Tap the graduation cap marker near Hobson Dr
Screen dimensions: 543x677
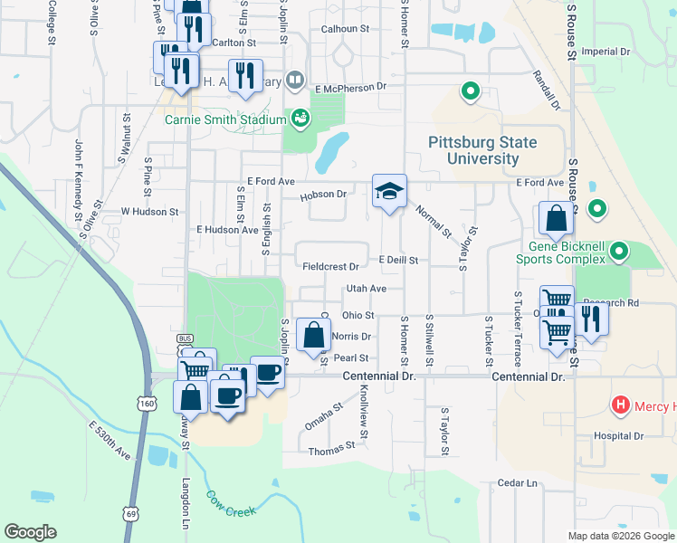pyautogui.click(x=389, y=192)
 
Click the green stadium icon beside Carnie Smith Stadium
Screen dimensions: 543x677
pyautogui.click(x=300, y=117)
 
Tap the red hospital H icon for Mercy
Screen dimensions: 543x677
pyautogui.click(x=622, y=404)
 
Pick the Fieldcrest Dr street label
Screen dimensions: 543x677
pyautogui.click(x=330, y=267)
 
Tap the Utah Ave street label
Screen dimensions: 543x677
pyautogui.click(x=366, y=289)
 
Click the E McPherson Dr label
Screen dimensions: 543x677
pyautogui.click(x=351, y=87)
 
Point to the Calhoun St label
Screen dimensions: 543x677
pyautogui.click(x=346, y=29)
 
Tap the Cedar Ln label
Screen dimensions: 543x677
pyautogui.click(x=519, y=483)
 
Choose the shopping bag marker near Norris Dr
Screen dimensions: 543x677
pyautogui.click(x=313, y=335)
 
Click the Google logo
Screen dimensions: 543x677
pyautogui.click(x=30, y=532)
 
